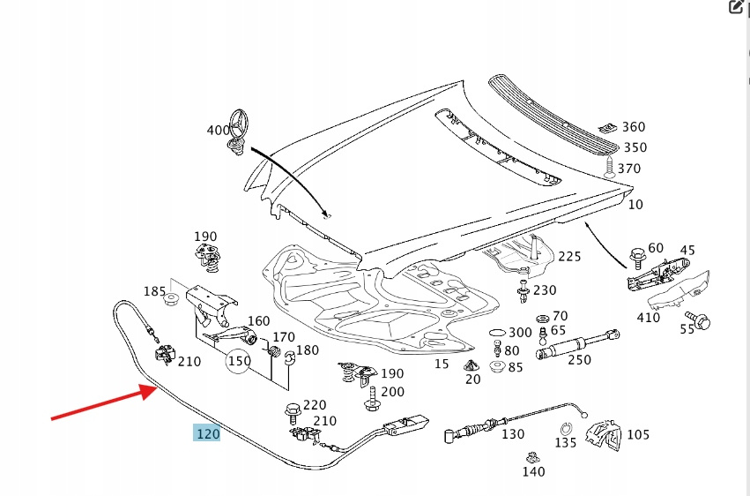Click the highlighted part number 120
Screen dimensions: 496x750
208,433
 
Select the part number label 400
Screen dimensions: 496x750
218,130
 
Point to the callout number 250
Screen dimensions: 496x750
579,359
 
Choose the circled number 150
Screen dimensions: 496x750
239,361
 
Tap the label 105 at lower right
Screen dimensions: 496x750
637,434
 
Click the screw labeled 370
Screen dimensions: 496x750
609,168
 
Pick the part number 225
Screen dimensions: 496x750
569,257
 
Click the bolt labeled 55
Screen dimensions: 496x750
702,322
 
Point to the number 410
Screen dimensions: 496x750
648,317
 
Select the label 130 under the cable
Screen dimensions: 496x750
512,434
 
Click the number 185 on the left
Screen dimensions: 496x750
155,291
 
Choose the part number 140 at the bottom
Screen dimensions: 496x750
533,471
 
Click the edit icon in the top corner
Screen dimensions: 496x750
736,8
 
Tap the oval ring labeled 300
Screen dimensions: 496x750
496,334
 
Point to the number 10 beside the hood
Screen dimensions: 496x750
635,204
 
